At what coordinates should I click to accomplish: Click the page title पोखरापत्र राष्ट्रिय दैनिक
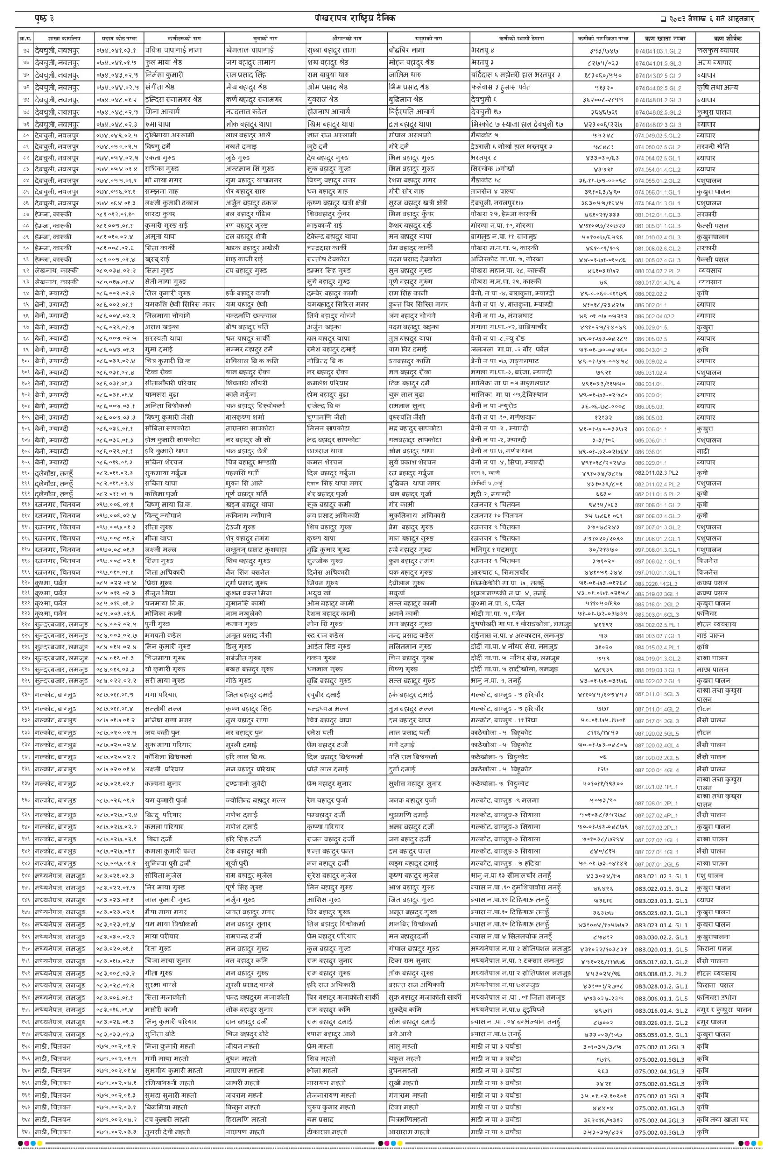point(355,18)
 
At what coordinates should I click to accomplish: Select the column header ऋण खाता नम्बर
point(664,38)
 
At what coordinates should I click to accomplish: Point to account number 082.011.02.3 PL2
point(657,473)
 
